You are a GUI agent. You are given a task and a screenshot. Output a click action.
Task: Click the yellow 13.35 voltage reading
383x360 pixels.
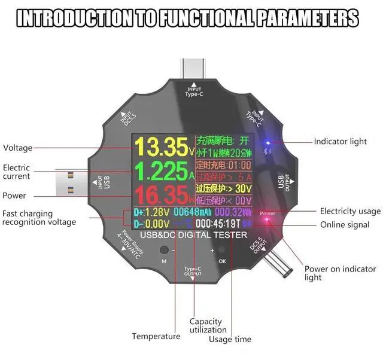pos(161,147)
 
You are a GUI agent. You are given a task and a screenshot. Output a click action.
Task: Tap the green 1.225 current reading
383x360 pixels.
pos(161,172)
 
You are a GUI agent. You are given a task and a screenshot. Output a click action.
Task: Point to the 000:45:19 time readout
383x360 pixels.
pos(217,224)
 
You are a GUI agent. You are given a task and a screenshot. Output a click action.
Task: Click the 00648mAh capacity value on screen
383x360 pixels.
pos(192,212)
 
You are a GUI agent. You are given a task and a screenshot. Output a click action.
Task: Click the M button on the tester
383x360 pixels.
pos(164,250)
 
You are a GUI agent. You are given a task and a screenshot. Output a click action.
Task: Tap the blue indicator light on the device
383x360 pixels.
pos(268,143)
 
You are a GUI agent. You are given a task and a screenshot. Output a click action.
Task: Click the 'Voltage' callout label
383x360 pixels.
pos(18,148)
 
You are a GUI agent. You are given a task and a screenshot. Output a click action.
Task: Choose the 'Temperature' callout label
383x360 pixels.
pos(156,336)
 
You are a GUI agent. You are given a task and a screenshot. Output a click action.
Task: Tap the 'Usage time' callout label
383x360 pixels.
pos(230,340)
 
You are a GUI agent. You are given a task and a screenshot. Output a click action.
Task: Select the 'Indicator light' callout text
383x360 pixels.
pos(341,142)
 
